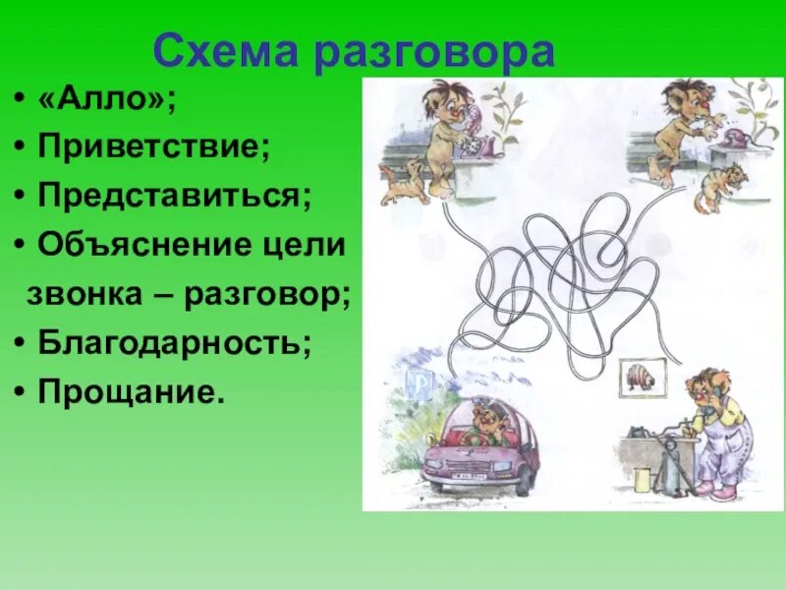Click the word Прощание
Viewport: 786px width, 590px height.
[x=131, y=392]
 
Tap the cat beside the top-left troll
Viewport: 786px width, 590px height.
[x=403, y=183]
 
